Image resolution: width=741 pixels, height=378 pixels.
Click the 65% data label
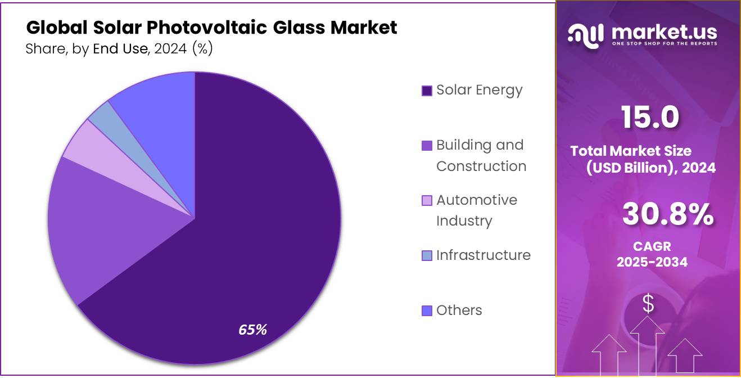click(x=252, y=330)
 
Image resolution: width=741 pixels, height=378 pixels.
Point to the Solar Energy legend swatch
click(x=427, y=91)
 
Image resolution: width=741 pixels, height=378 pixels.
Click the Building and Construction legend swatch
click(x=427, y=146)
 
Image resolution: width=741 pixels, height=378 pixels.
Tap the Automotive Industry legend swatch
click(x=427, y=201)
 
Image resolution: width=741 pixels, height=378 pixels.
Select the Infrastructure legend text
click(x=483, y=255)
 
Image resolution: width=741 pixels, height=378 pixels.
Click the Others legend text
click(x=459, y=310)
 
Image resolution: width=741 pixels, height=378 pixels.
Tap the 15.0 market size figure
click(x=650, y=117)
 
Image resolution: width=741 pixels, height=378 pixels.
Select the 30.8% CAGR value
click(x=668, y=215)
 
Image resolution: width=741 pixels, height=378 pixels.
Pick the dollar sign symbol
click(x=648, y=304)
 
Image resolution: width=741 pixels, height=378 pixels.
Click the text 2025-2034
click(x=652, y=262)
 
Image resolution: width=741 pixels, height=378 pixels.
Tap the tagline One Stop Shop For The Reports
click(x=664, y=43)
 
